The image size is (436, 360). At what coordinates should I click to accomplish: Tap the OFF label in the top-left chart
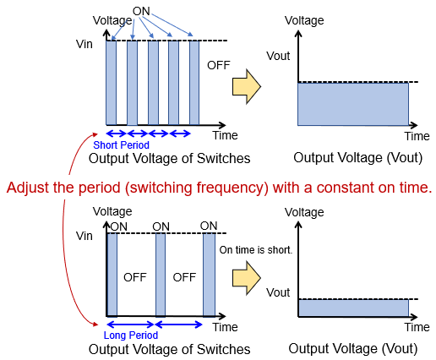218,63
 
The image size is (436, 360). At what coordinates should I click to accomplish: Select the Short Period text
115,145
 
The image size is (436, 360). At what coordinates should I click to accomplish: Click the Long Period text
113,335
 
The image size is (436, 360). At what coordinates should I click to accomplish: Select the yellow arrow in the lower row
247,276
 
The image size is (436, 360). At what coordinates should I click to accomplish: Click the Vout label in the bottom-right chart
277,292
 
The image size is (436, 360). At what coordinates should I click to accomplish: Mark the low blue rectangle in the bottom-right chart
352,308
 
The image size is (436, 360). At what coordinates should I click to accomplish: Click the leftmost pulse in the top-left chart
111,82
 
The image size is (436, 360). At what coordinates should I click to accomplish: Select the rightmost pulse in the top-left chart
194,82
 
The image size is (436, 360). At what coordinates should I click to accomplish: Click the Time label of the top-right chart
417,136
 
